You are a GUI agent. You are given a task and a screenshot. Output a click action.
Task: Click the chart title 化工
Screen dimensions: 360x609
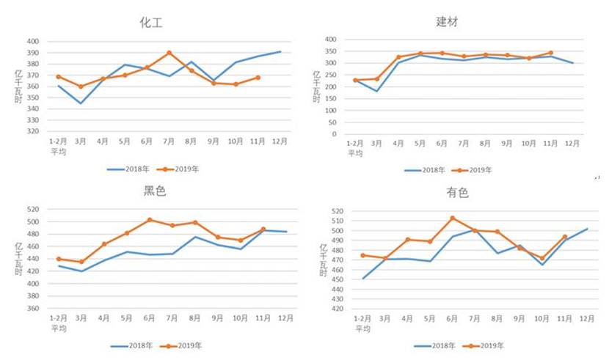click(x=151, y=23)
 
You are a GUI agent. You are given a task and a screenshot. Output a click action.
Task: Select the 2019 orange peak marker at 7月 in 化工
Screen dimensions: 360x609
click(x=169, y=53)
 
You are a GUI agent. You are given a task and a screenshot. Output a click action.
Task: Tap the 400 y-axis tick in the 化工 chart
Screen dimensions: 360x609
click(x=32, y=42)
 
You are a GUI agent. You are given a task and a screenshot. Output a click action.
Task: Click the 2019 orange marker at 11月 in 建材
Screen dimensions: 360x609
click(x=550, y=53)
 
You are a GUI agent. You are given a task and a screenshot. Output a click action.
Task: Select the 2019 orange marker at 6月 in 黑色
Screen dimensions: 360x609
click(x=150, y=220)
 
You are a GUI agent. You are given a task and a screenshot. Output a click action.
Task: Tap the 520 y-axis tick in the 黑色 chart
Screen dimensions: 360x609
click(x=33, y=210)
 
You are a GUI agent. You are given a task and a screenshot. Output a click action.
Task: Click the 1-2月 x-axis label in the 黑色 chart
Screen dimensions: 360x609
click(x=58, y=318)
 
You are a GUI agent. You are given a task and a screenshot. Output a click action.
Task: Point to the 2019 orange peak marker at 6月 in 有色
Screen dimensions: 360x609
click(x=453, y=218)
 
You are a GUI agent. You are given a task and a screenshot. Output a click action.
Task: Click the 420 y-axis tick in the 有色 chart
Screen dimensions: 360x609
click(x=337, y=309)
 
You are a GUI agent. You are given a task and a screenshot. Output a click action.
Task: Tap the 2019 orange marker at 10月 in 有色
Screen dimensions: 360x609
click(x=542, y=258)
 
